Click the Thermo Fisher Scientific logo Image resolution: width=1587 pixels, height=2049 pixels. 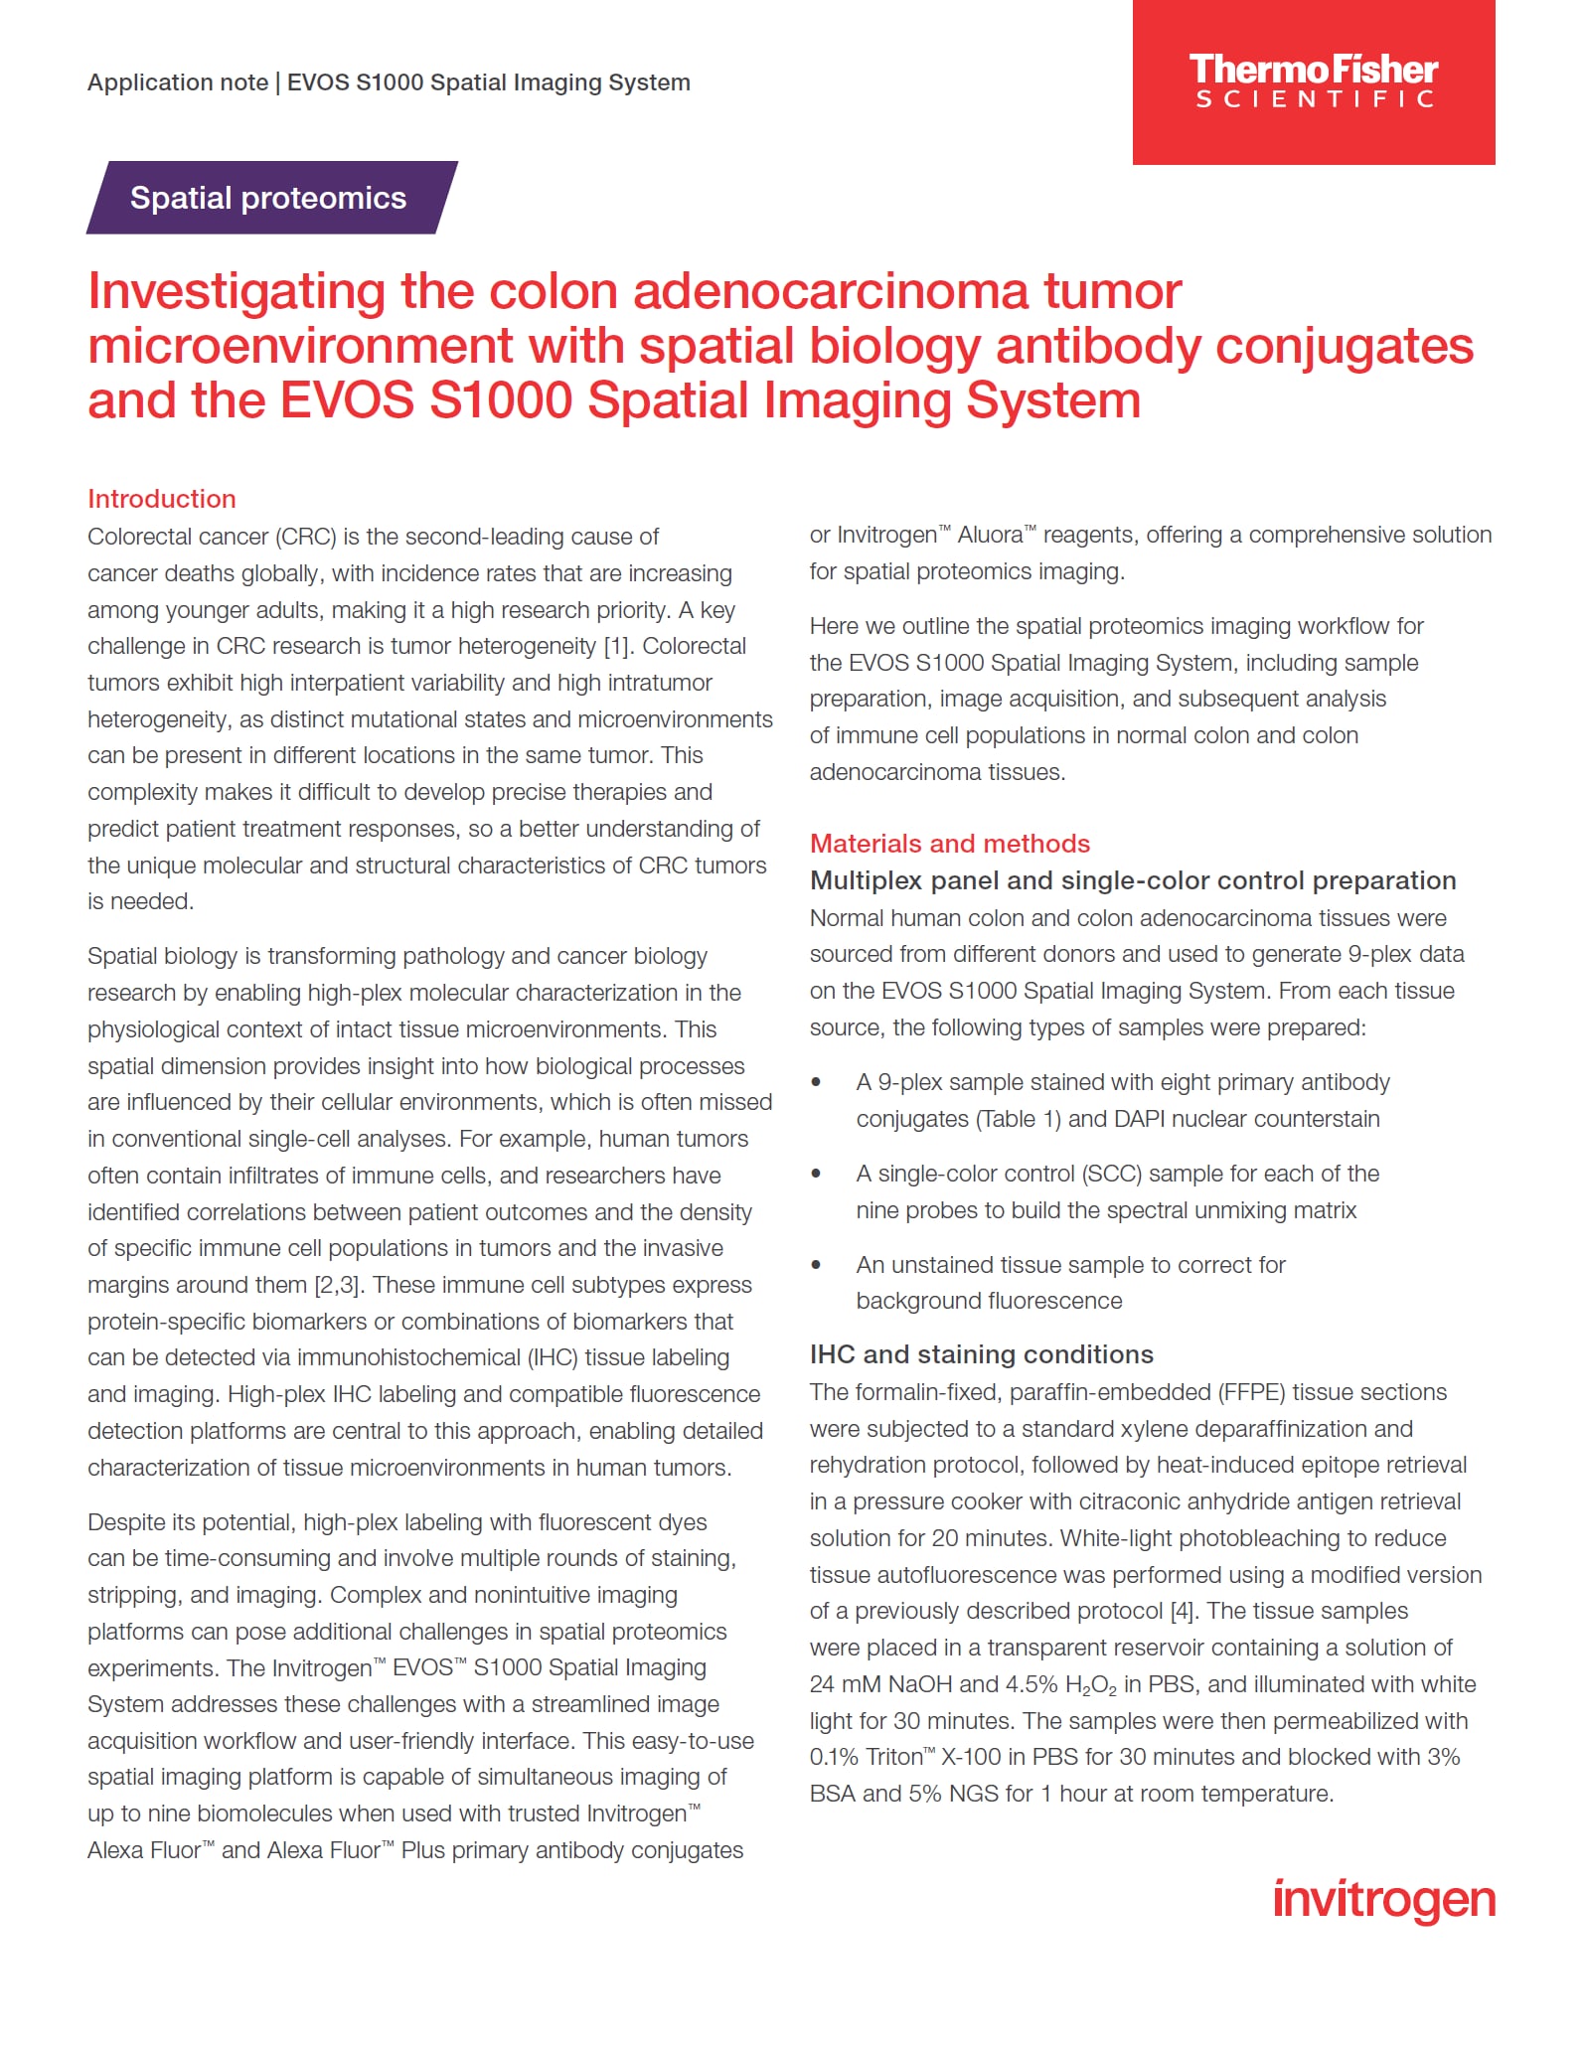[1313, 81]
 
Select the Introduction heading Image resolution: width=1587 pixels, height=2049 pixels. [162, 499]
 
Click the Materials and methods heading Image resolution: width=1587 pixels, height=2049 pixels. [949, 844]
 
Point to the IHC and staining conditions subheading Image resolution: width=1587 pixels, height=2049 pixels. [981, 1354]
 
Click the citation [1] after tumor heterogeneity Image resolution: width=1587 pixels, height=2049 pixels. [616, 647]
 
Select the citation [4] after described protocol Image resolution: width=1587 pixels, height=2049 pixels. [1182, 1611]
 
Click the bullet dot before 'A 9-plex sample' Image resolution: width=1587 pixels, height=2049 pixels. [816, 1082]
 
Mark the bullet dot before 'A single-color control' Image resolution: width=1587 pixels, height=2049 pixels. [816, 1174]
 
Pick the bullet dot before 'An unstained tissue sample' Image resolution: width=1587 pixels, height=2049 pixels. [816, 1265]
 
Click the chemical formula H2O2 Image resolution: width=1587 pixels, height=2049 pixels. [1090, 1685]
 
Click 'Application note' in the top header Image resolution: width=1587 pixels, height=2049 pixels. [177, 82]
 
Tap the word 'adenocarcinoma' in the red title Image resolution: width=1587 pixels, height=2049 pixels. [831, 292]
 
